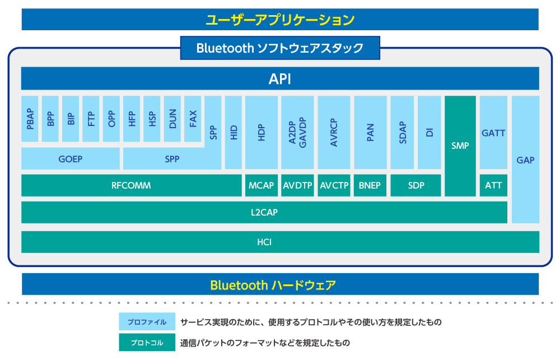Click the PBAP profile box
30,119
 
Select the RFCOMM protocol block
131,185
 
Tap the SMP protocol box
460,146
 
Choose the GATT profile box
493,133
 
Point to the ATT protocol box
493,185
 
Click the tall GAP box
525,160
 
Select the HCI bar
280,242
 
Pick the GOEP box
71,159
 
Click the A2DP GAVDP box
297,133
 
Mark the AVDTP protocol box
297,185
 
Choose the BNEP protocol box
370,185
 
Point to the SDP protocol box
416,185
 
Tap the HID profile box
234,133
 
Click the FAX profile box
193,119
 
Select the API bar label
280,79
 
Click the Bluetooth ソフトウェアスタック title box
280,48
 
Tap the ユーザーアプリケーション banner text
280,20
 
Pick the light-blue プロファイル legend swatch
147,322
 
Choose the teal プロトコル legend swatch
147,342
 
